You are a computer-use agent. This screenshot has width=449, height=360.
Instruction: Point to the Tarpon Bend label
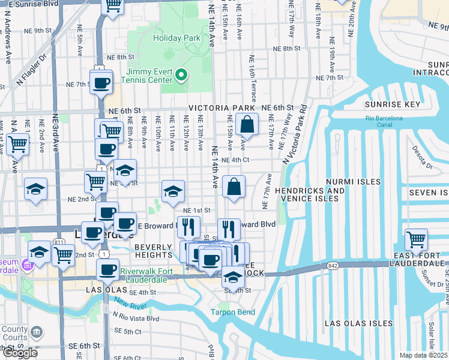coord(233,312)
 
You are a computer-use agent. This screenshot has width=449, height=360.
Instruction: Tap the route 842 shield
coord(333,265)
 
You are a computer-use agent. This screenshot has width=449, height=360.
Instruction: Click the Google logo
coord(20,353)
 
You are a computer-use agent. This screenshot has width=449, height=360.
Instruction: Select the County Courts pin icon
coord(37,331)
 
